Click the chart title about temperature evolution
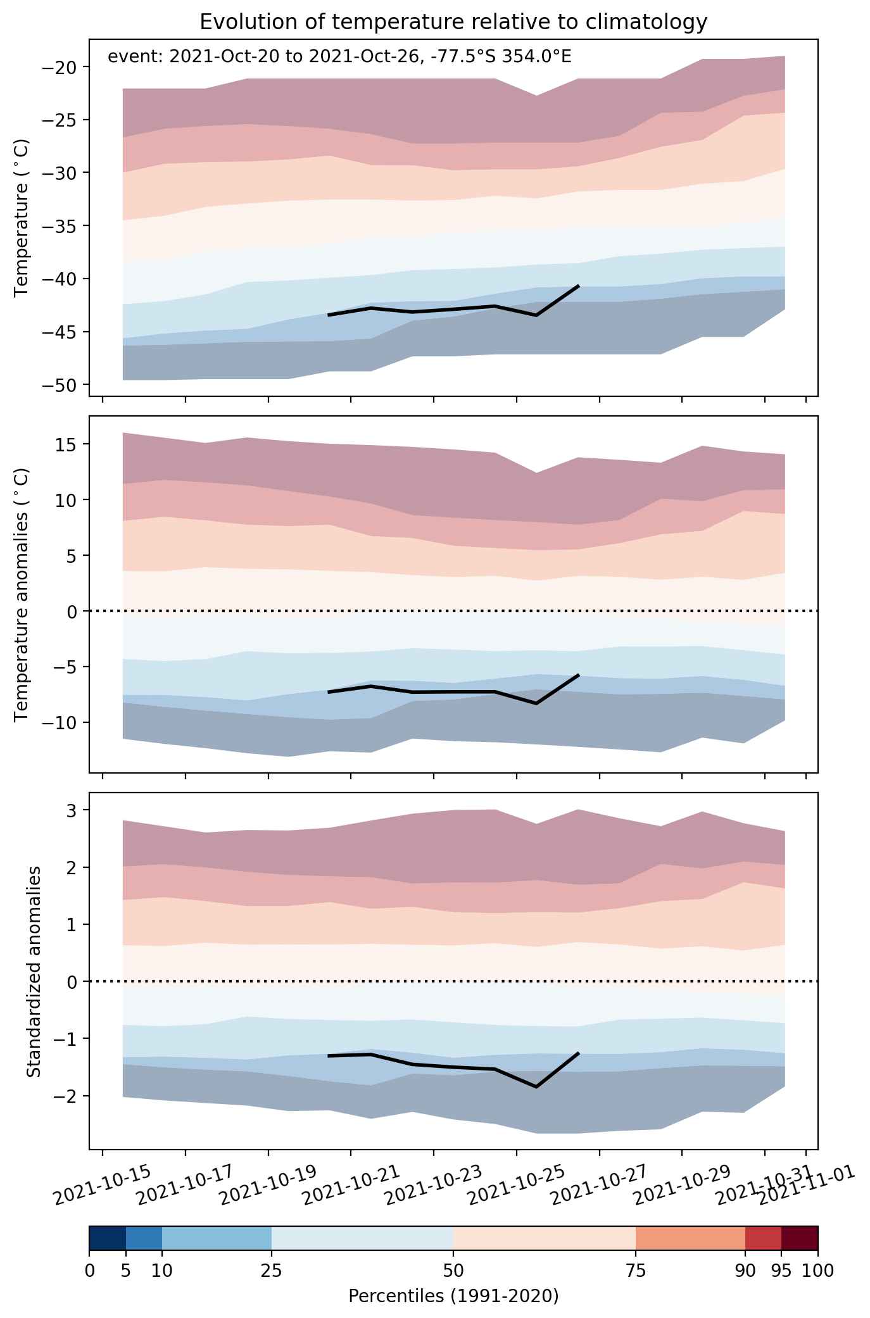click(x=453, y=22)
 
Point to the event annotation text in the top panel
click(x=339, y=57)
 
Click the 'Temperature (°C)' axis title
click(x=23, y=218)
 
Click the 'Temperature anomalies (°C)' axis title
click(x=23, y=594)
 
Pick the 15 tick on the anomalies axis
click(x=70, y=444)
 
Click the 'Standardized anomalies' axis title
click(x=34, y=970)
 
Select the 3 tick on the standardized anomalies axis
click(x=75, y=810)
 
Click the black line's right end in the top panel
click(x=578, y=286)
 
